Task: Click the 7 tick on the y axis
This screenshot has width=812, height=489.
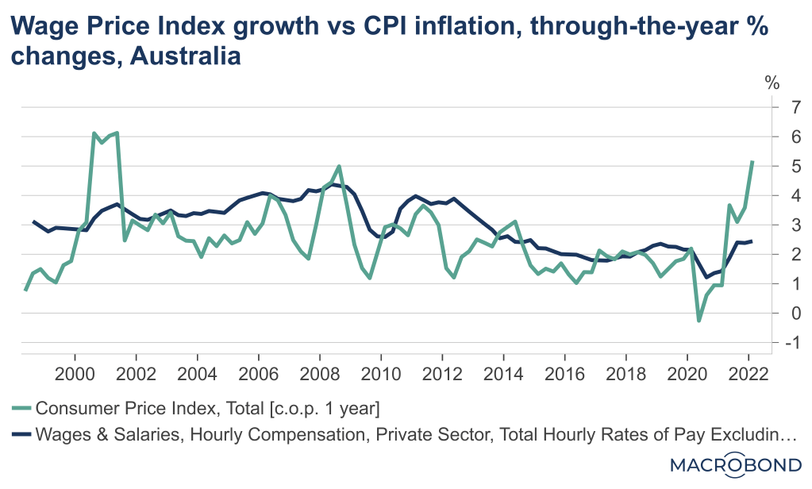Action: (x=772, y=107)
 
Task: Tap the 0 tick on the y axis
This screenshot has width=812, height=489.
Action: (x=772, y=313)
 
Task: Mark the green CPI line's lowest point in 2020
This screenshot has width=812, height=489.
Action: (x=698, y=321)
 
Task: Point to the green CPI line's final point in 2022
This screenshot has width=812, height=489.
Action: (x=752, y=161)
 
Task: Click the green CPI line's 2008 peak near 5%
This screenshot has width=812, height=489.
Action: (x=340, y=167)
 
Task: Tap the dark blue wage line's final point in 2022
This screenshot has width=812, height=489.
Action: (x=752, y=241)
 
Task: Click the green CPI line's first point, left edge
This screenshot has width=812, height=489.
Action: (x=25, y=290)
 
